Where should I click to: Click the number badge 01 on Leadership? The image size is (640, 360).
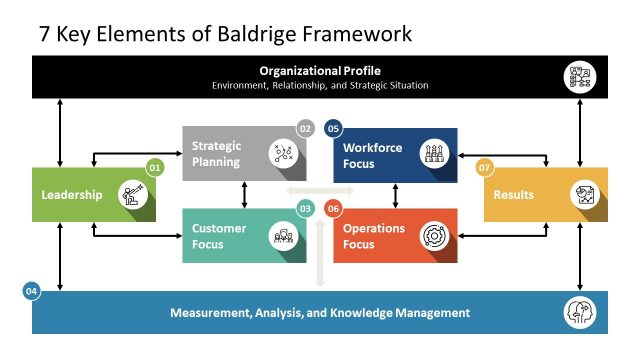pos(154,168)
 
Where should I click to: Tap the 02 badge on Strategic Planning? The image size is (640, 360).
pos(306,128)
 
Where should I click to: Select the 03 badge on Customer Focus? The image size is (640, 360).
pos(306,208)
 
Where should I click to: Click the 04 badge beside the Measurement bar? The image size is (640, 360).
pos(32,291)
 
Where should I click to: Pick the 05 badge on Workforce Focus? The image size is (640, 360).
pos(333,128)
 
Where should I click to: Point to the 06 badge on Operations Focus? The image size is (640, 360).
pos(333,208)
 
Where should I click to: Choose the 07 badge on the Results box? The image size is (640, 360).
pos(485,168)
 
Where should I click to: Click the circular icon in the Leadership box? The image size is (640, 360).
pos(132,194)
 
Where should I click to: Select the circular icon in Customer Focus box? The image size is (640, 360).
pos(284,235)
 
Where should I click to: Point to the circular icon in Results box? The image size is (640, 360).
pos(584,194)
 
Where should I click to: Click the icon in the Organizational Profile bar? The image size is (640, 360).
pos(582,77)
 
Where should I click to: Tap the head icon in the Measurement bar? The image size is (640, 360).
pos(582,312)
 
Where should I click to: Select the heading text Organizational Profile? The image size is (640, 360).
pos(320,70)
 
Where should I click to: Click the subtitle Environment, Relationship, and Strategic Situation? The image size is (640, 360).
pos(320,86)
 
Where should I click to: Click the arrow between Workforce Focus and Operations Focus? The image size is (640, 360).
pos(396,195)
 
